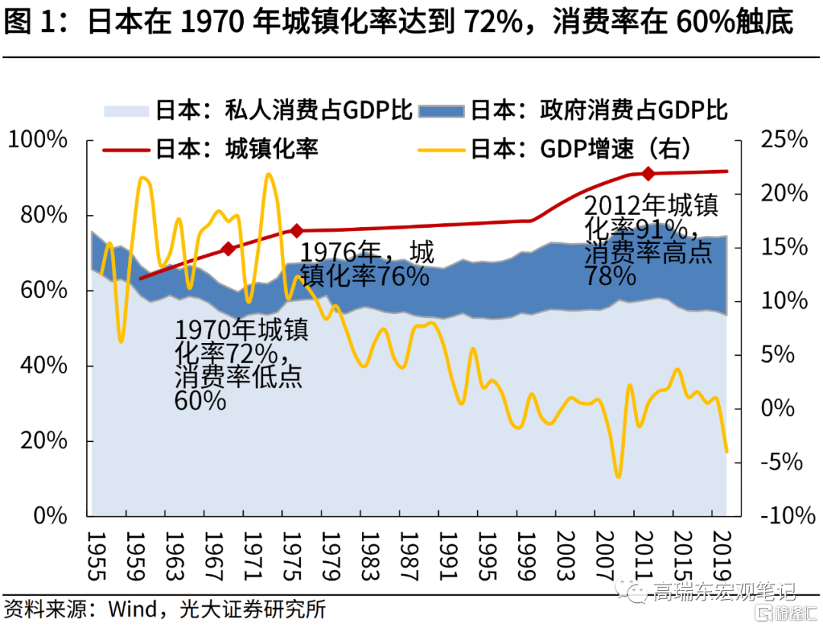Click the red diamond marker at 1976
(296, 230)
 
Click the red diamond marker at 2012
(648, 174)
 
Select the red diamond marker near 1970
(228, 249)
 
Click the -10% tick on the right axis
(780, 516)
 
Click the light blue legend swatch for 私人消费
(126, 111)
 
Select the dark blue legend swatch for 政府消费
(441, 111)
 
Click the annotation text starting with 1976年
(367, 264)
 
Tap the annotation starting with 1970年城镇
(239, 365)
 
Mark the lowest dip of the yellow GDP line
(617, 477)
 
